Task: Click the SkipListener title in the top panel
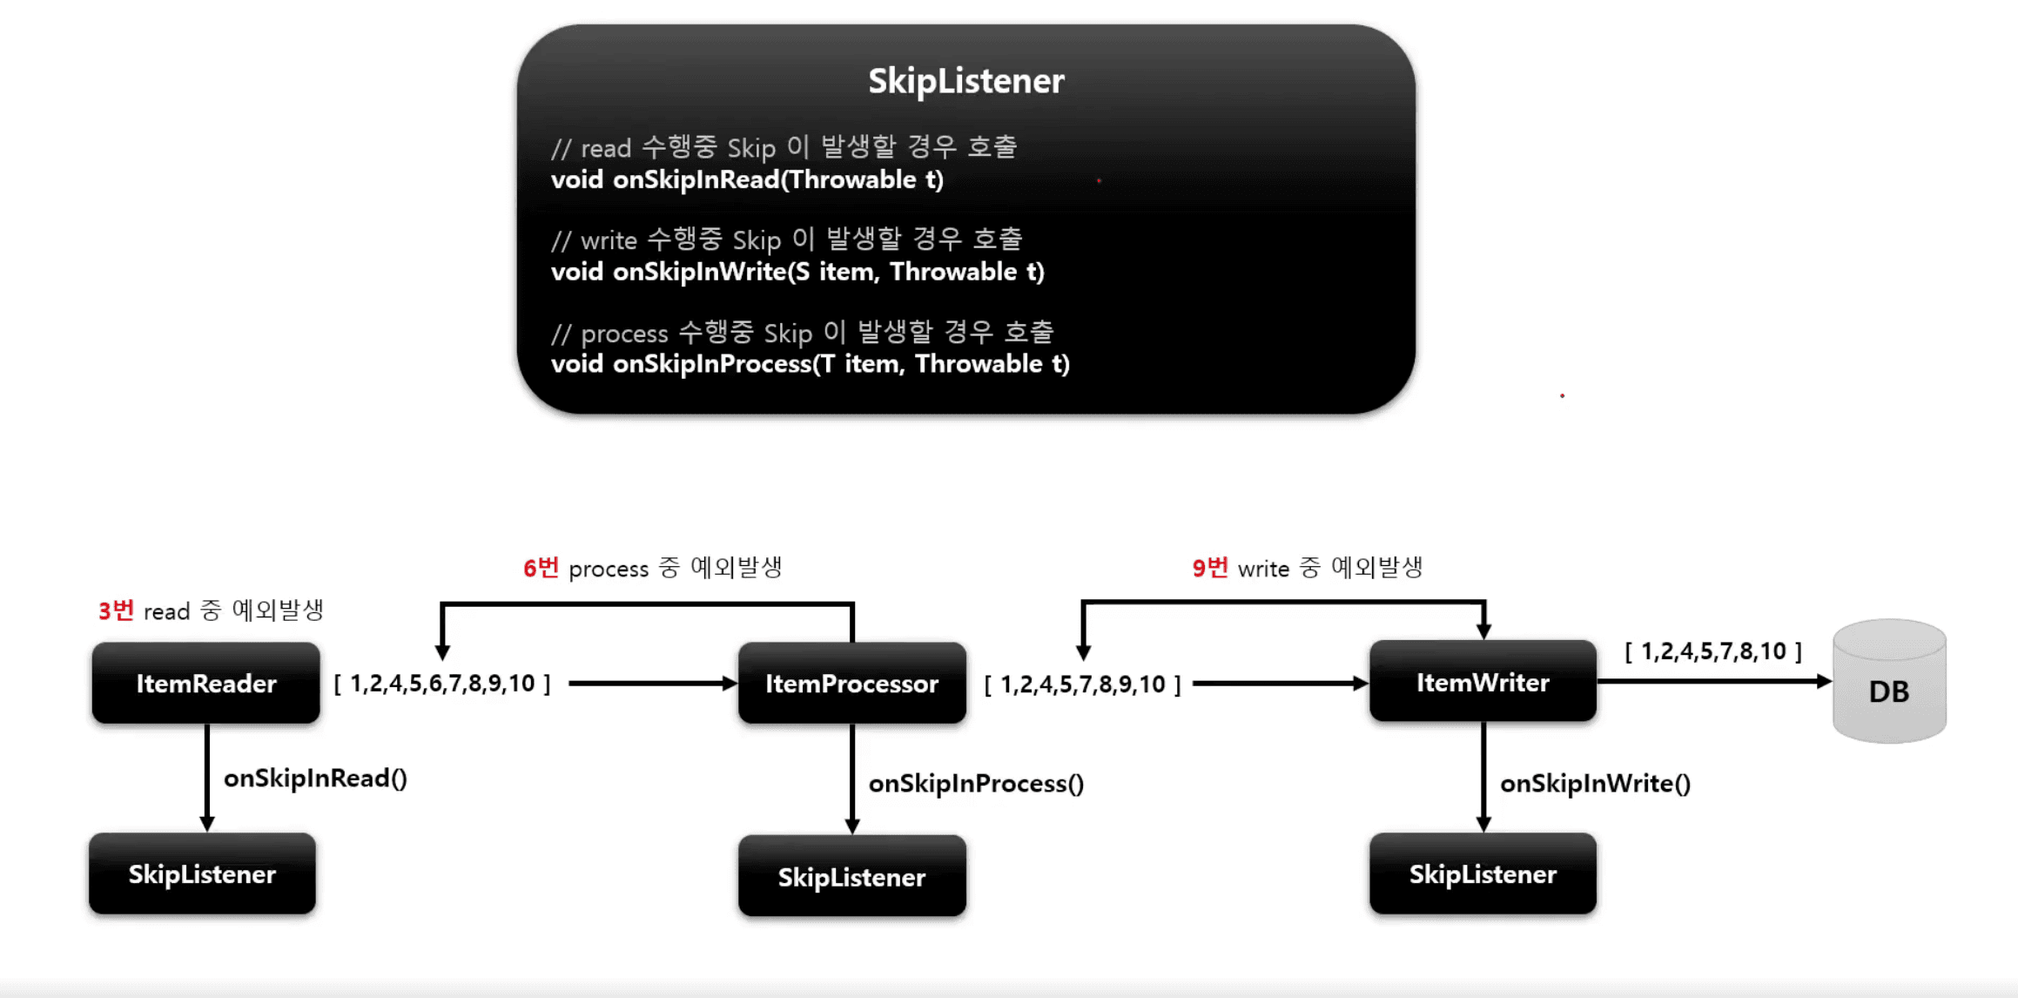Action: click(965, 81)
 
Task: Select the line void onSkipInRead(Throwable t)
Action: click(747, 180)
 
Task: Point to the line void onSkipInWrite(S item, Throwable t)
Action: click(797, 273)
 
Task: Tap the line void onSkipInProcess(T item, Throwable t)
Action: click(810, 364)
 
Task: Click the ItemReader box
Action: click(206, 684)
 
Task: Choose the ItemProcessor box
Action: click(851, 684)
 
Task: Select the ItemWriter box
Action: click(1483, 683)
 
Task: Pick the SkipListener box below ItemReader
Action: click(202, 874)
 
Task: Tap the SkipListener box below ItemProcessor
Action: click(851, 877)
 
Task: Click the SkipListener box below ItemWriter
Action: click(1483, 874)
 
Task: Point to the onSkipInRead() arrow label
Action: click(315, 779)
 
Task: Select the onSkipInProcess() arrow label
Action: click(976, 784)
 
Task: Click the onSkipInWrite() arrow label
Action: click(1595, 784)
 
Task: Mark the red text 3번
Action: click(116, 610)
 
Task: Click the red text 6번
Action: click(541, 569)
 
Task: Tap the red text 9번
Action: click(1209, 569)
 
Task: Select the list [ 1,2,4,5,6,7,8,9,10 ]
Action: click(442, 684)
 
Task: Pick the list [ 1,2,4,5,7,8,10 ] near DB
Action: click(1712, 651)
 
